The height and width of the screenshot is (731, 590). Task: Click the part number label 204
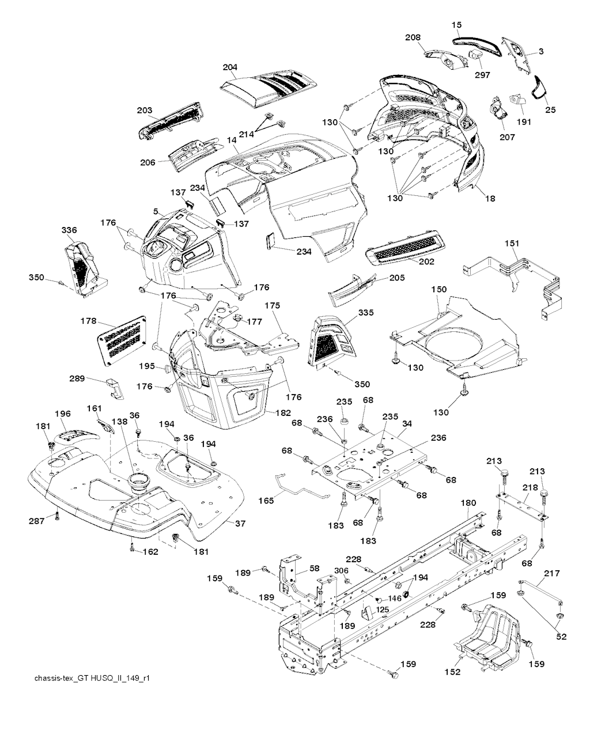pyautogui.click(x=230, y=67)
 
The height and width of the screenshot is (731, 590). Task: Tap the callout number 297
pyautogui.click(x=483, y=75)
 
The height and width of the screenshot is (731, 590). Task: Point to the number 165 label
pyautogui.click(x=266, y=501)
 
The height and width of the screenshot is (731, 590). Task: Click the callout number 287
pyautogui.click(x=37, y=521)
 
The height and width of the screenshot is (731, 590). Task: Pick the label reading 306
pyautogui.click(x=342, y=570)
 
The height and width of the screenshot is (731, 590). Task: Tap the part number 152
pyautogui.click(x=453, y=672)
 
